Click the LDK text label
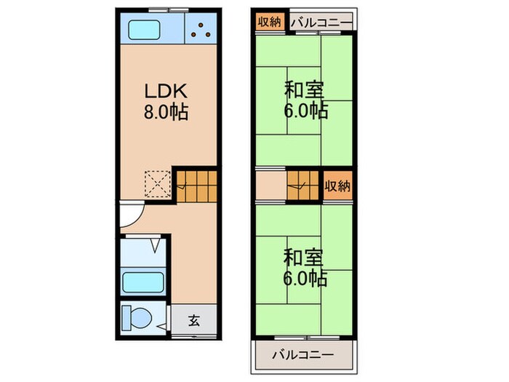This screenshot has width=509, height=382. (168, 93)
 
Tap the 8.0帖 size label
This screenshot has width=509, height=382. (168, 113)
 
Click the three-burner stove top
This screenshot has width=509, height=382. (201, 29)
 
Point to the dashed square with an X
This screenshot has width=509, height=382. (157, 183)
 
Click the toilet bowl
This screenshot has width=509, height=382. (139, 319)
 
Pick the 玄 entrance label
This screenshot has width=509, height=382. (194, 319)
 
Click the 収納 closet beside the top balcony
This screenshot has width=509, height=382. (269, 22)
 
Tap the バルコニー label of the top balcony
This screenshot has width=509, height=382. (320, 22)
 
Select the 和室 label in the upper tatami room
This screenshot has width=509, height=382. (304, 91)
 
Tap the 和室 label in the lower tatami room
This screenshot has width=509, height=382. (304, 258)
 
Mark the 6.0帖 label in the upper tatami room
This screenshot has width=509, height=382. (305, 111)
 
